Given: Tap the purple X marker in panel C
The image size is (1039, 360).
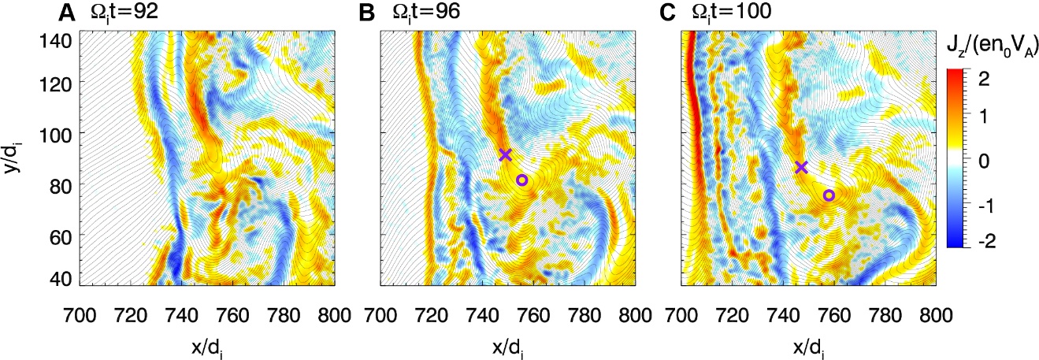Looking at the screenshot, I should pyautogui.click(x=801, y=167).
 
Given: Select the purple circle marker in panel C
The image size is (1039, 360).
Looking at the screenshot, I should pyautogui.click(x=829, y=195).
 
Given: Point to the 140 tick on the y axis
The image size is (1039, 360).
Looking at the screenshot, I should pyautogui.click(x=59, y=39).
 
